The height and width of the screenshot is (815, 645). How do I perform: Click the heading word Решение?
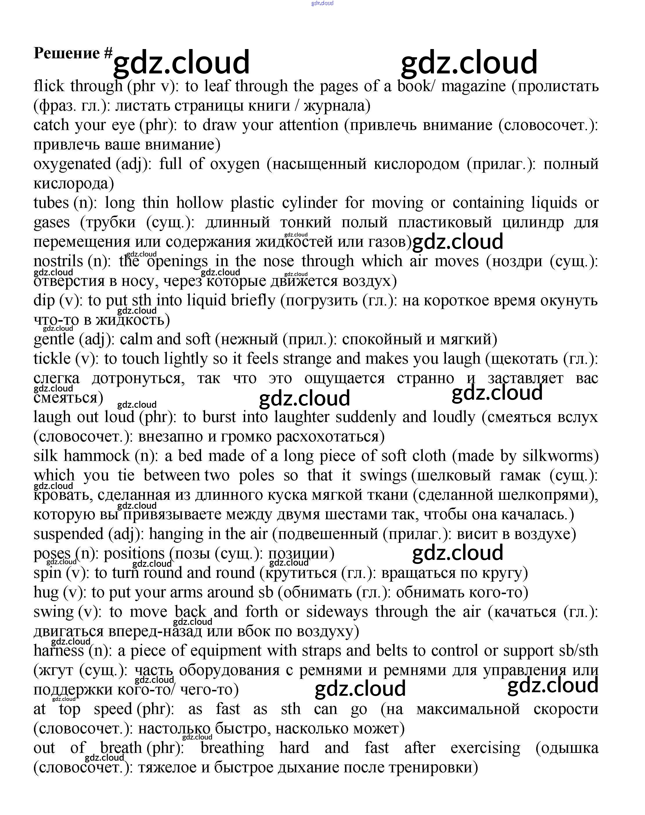coord(66,53)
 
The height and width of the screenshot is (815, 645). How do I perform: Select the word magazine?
coord(473,86)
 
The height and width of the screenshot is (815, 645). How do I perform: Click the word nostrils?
coord(58,261)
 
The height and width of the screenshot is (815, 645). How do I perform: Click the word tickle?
coord(52,359)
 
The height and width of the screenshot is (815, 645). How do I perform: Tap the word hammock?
coord(97,456)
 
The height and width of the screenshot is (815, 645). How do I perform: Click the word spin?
coord(47,573)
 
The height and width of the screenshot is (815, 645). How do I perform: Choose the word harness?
coord(59,651)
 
